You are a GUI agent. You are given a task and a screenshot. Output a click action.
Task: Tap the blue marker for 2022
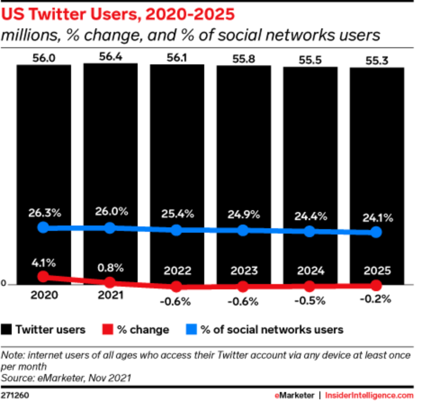click(176, 230)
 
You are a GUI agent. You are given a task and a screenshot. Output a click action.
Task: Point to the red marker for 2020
click(43, 277)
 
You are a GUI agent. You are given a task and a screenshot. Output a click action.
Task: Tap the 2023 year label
click(243, 271)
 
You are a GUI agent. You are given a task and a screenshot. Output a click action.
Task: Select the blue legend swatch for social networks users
click(191, 330)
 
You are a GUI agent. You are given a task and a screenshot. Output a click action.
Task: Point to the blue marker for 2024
click(310, 231)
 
